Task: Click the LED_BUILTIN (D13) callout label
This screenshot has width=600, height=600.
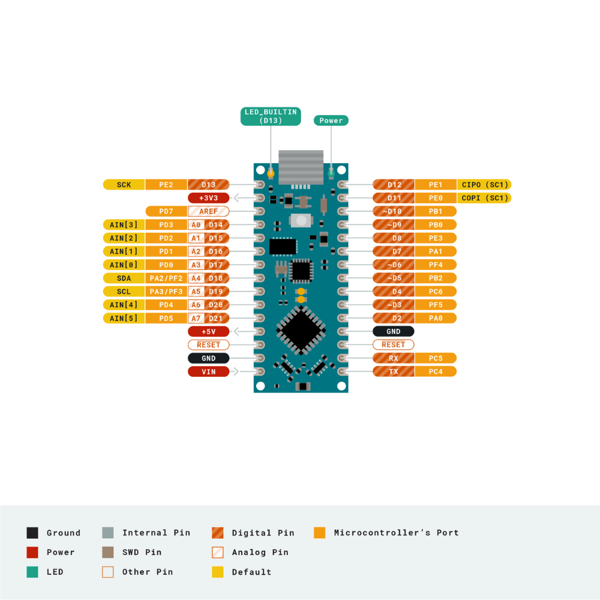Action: (x=271, y=116)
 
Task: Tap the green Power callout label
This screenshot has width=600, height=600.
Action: (x=331, y=121)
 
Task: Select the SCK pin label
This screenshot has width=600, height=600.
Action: (x=124, y=185)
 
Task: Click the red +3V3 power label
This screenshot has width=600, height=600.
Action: (x=209, y=198)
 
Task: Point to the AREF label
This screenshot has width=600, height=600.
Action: (x=209, y=211)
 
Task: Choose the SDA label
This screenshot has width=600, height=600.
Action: (x=124, y=278)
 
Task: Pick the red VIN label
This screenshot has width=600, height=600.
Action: (x=209, y=371)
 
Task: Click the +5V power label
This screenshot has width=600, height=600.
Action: (x=209, y=331)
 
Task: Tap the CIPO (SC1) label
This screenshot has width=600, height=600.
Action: (x=484, y=185)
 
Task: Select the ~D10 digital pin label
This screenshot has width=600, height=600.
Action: (x=394, y=211)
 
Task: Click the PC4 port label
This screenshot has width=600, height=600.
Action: (x=436, y=371)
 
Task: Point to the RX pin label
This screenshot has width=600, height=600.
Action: (x=394, y=358)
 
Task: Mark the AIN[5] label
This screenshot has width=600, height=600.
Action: (x=124, y=318)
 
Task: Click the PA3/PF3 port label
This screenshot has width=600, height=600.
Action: (x=166, y=292)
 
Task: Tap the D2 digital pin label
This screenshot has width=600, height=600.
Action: (x=394, y=318)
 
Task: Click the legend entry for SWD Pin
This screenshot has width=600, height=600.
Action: (x=142, y=552)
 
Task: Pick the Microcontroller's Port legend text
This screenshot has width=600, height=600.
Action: (x=396, y=532)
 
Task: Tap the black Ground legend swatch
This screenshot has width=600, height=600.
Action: (x=32, y=533)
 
